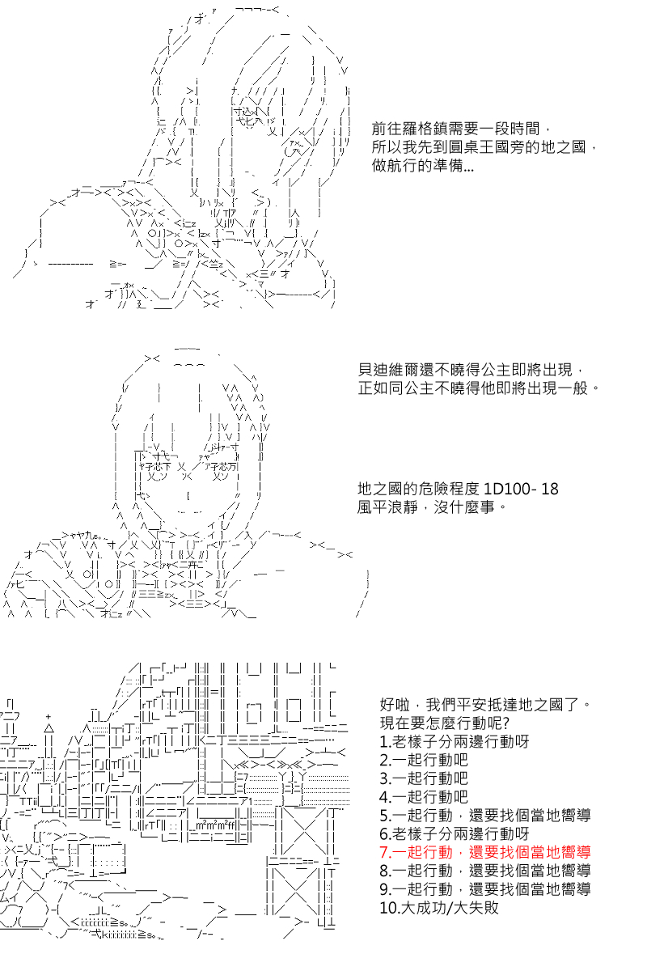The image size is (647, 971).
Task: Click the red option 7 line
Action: (485, 852)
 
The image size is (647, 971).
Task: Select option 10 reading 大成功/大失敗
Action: (439, 907)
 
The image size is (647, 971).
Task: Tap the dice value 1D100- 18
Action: (520, 489)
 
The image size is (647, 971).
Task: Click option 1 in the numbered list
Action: (455, 742)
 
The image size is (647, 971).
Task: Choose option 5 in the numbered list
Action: (485, 816)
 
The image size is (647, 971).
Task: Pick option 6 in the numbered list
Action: (455, 833)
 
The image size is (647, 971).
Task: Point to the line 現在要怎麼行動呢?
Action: (444, 723)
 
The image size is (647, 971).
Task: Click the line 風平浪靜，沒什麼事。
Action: (432, 507)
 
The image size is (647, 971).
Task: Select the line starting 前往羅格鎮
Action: (461, 129)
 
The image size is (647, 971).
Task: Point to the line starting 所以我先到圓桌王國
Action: (484, 147)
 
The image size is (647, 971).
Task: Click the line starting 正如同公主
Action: (479, 388)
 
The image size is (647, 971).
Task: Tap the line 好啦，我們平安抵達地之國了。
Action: (485, 705)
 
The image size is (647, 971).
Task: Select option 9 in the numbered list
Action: (485, 889)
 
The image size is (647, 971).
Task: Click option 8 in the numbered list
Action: (485, 871)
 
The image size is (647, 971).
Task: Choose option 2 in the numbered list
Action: (424, 760)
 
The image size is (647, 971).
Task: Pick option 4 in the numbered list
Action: (424, 797)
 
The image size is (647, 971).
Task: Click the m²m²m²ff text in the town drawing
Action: (215, 826)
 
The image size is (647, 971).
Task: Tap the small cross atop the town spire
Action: (48, 717)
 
